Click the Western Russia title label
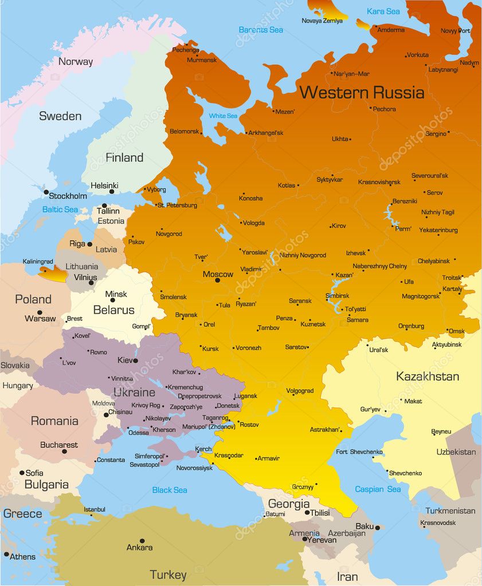[362, 92]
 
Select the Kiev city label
[124, 361]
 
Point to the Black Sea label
[170, 490]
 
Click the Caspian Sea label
[378, 489]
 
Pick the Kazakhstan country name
[427, 377]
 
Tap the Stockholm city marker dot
[46, 192]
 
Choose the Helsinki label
[104, 185]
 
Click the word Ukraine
[134, 393]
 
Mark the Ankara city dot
[142, 540]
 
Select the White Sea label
[223, 116]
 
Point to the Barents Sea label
[261, 29]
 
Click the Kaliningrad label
[38, 262]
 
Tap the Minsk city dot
[112, 300]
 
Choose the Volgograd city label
[300, 391]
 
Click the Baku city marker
[377, 527]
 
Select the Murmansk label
[202, 60]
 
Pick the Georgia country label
[289, 504]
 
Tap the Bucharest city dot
[64, 452]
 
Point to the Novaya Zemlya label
[322, 21]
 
